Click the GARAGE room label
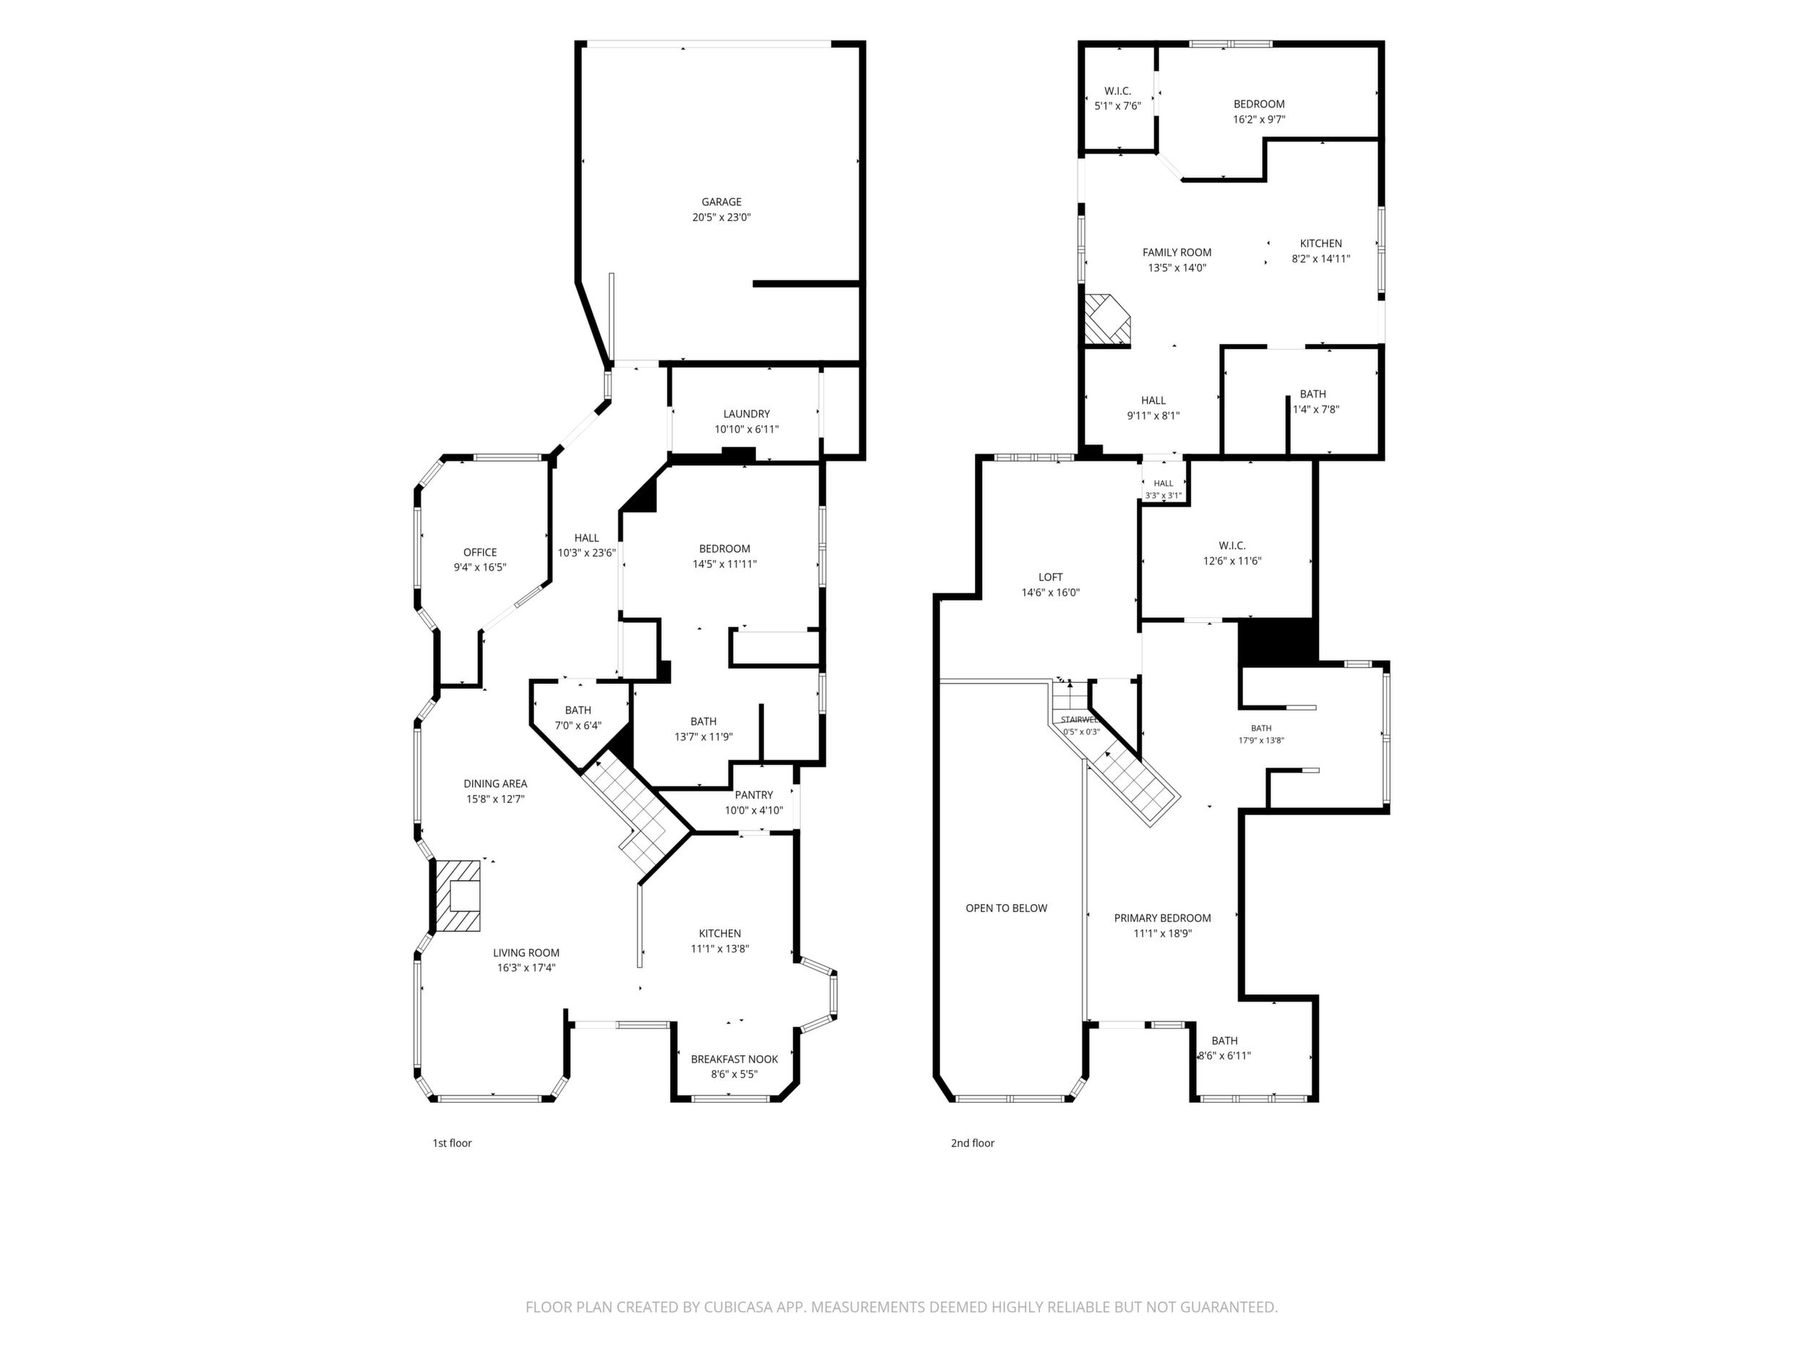pyautogui.click(x=722, y=202)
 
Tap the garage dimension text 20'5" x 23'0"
pyautogui.click(x=722, y=218)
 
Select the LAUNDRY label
pyautogui.click(x=746, y=414)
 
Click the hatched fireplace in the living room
pyautogui.click(x=457, y=895)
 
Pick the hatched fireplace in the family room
pyautogui.click(x=1107, y=319)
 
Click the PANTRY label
pyautogui.click(x=754, y=795)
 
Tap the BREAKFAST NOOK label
pyautogui.click(x=734, y=1060)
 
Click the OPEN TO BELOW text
pyautogui.click(x=1006, y=909)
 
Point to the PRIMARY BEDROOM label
pyautogui.click(x=1162, y=919)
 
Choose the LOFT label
pyautogui.click(x=1050, y=577)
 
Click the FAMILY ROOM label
pyautogui.click(x=1177, y=253)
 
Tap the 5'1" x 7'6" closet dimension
pyautogui.click(x=1117, y=106)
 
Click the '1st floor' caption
pyautogui.click(x=452, y=1143)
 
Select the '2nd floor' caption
pyautogui.click(x=972, y=1143)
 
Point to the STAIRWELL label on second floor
pyautogui.click(x=1080, y=720)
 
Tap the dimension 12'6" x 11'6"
pyautogui.click(x=1232, y=561)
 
